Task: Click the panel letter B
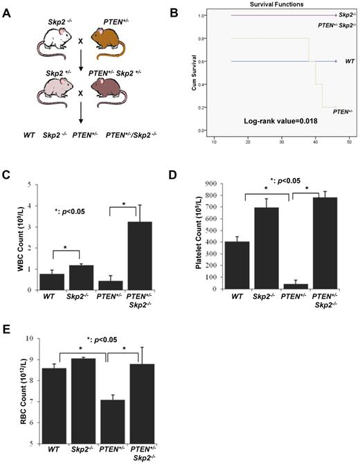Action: (x=192, y=10)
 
